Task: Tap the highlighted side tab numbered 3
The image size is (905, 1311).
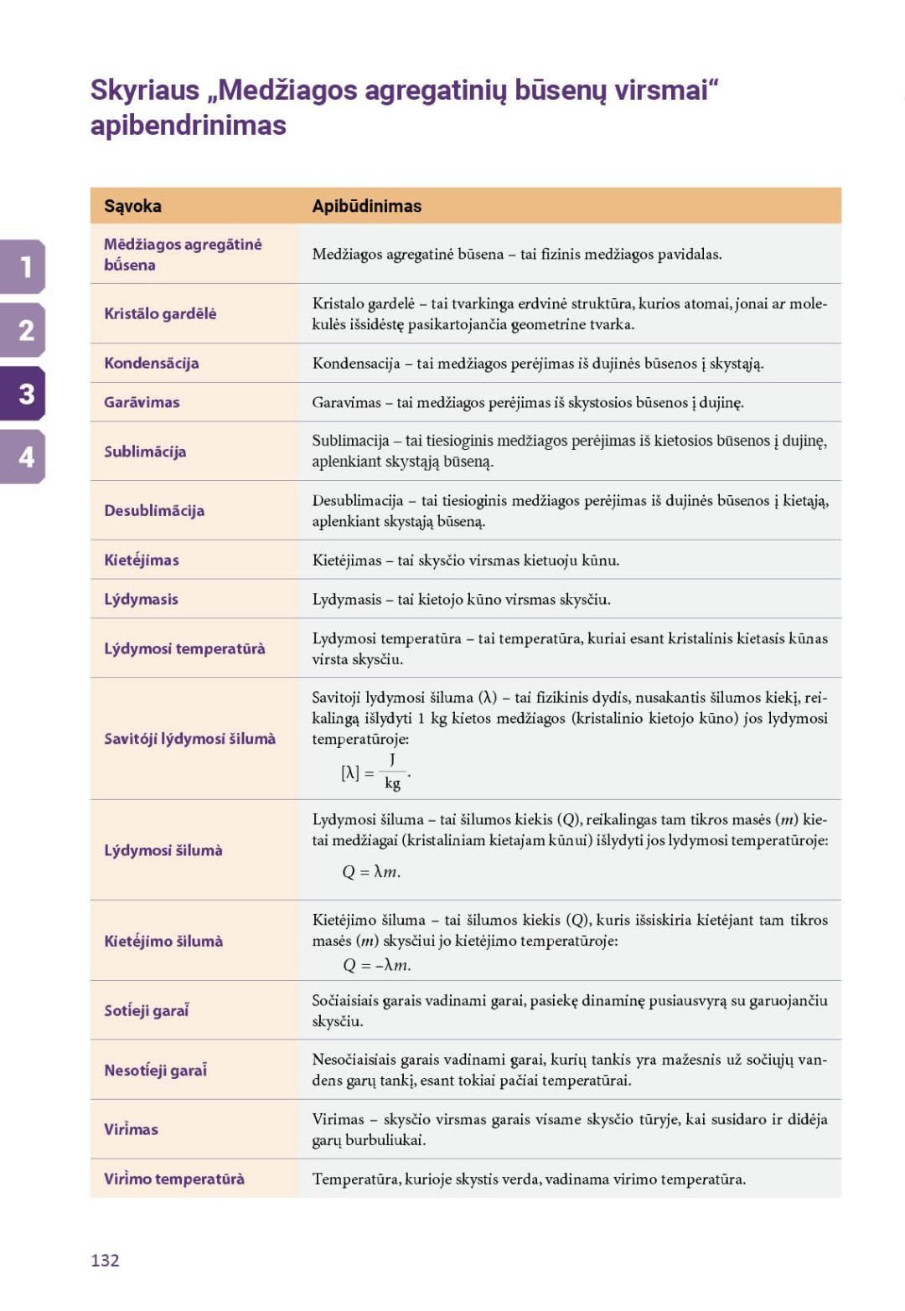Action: tap(24, 393)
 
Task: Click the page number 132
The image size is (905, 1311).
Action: tap(105, 1260)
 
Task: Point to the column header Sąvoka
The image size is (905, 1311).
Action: tap(132, 206)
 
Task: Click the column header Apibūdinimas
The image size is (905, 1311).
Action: tap(366, 206)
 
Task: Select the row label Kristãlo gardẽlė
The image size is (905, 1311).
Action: tap(160, 313)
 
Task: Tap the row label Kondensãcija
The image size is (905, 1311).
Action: tap(151, 363)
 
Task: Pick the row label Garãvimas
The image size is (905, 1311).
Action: tap(142, 402)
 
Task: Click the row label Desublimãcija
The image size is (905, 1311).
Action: tap(154, 510)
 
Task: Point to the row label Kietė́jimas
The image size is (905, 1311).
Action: tap(141, 560)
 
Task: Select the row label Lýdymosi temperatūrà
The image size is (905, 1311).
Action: tap(184, 648)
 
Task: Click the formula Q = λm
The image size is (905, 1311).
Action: tap(371, 872)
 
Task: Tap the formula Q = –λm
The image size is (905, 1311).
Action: tap(376, 965)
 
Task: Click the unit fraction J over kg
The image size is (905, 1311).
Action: tap(392, 772)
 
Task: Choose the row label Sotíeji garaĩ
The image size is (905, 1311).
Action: tap(146, 1010)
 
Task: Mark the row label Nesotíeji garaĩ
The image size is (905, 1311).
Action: tap(155, 1070)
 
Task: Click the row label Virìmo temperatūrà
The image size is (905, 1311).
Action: tap(174, 1179)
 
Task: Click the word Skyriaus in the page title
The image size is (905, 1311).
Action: tap(145, 90)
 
